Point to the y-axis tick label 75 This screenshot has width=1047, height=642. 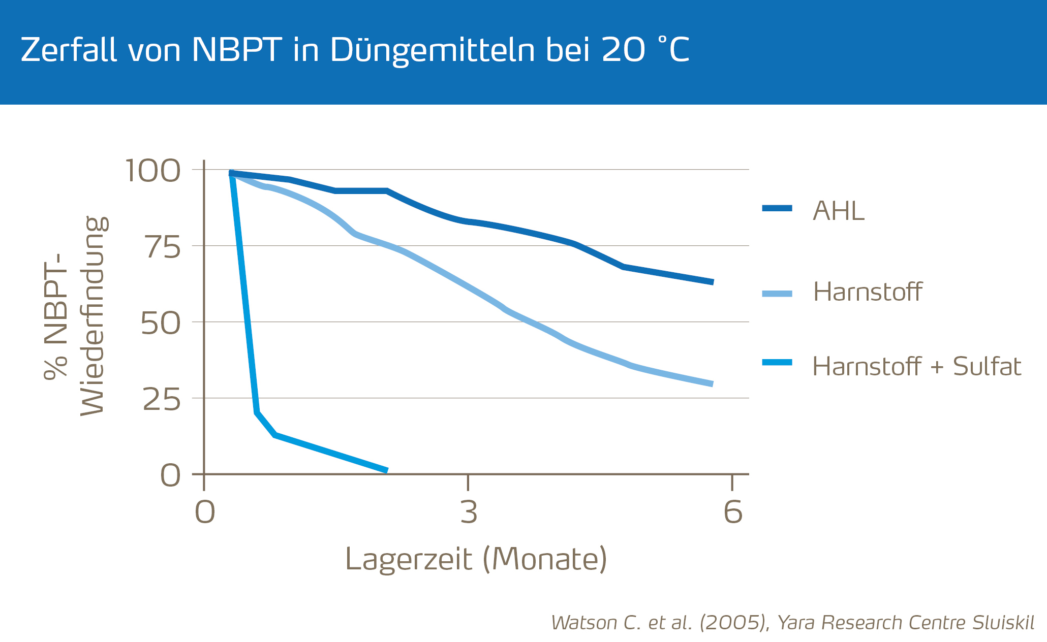[163, 247]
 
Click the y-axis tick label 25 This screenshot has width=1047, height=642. [162, 400]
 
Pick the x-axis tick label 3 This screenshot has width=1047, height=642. [469, 512]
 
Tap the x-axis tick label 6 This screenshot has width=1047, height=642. [732, 512]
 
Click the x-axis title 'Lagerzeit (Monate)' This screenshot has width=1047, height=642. [476, 559]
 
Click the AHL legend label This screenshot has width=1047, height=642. [839, 210]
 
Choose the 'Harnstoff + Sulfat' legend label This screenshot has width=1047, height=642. [916, 366]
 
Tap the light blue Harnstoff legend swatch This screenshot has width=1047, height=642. [777, 294]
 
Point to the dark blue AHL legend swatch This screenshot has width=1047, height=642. [777, 208]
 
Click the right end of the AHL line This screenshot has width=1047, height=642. [713, 282]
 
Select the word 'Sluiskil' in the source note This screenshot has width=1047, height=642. [1003, 623]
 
